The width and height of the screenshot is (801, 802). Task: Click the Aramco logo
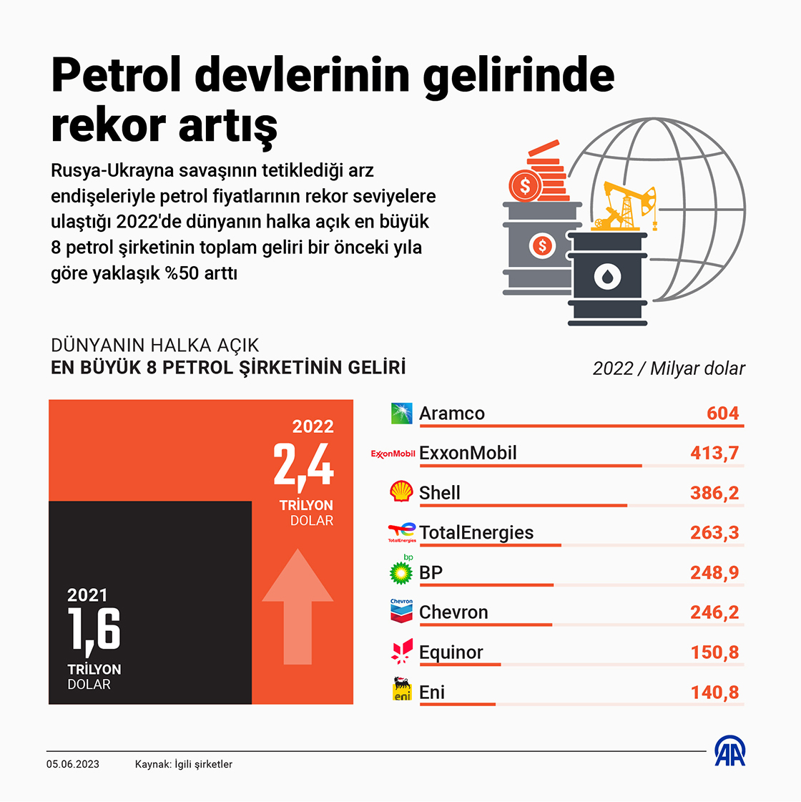tap(401, 413)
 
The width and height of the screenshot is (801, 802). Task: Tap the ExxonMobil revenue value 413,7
tap(714, 453)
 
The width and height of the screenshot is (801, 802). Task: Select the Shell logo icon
tap(401, 492)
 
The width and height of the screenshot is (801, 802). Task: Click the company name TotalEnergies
tap(476, 533)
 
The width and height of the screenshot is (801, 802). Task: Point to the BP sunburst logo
tap(401, 572)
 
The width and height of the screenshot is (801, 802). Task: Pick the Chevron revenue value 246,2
tap(714, 612)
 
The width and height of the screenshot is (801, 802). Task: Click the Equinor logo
tap(402, 651)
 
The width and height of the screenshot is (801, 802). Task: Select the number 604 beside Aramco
tap(722, 414)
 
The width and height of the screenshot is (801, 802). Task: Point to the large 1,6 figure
tap(94, 630)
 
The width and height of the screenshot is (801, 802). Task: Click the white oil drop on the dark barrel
tap(607, 276)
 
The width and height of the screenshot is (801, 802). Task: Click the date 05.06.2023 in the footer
tap(73, 764)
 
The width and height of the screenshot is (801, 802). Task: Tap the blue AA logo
tap(730, 751)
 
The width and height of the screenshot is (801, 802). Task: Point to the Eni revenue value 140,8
tap(714, 693)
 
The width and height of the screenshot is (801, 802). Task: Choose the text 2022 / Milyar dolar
tap(668, 368)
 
